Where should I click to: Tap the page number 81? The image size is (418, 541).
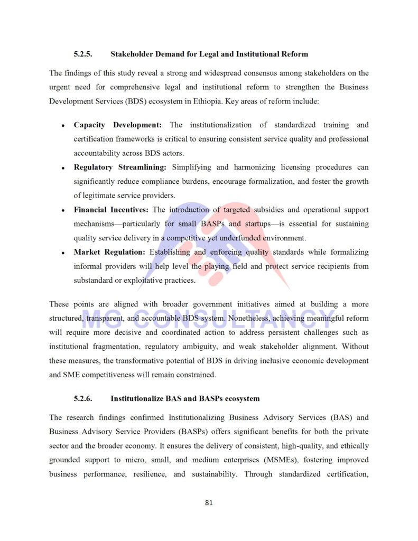pyautogui.click(x=209, y=502)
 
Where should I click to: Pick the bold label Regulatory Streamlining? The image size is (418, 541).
pyautogui.click(x=120, y=167)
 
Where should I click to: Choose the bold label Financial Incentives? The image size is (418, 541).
pyautogui.click(x=111, y=210)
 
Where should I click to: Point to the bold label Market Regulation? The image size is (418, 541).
pyautogui.click(x=109, y=252)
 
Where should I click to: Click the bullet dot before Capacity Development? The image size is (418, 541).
pyautogui.click(x=63, y=126)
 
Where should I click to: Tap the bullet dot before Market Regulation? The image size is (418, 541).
pyautogui.click(x=63, y=253)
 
